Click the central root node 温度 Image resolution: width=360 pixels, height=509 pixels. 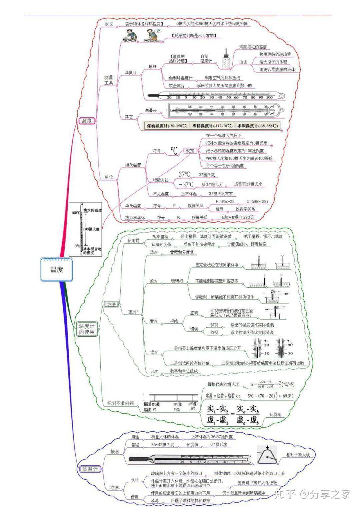56,269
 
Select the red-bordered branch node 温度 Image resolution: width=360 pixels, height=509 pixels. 87,121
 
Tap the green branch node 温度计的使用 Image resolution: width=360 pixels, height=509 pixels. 87,329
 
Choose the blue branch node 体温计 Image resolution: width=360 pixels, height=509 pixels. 90,469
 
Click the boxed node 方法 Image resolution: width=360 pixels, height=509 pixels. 111,304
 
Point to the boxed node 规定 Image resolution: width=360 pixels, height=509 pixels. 190,151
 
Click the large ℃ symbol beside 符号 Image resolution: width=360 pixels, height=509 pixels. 174,151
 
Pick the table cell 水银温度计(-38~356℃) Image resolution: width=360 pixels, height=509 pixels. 257,126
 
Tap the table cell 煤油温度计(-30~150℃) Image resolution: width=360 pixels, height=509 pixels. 167,126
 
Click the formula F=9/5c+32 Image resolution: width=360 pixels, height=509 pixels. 225,201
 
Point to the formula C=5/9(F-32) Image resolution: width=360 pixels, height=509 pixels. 257,201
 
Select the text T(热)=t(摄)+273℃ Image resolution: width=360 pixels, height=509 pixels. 236,217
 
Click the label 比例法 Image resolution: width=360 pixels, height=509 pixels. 275,415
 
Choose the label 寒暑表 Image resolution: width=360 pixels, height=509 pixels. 151,110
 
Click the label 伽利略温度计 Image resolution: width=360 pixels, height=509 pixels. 180,78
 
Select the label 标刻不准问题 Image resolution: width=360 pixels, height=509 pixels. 120,403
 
